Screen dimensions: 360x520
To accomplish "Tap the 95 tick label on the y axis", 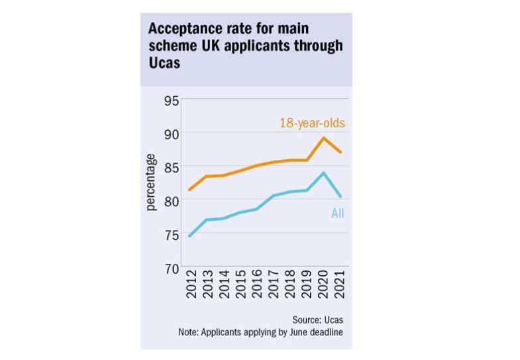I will pyautogui.click(x=172, y=101).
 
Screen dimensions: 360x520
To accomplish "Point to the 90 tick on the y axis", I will pyautogui.click(x=172, y=134).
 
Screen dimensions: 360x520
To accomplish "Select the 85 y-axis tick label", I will pyautogui.click(x=172, y=167).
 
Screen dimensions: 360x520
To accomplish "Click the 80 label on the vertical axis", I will pyautogui.click(x=172, y=201).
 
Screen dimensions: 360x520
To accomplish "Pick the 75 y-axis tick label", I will pyautogui.click(x=172, y=235).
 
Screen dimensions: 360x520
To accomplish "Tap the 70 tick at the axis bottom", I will pyautogui.click(x=172, y=268).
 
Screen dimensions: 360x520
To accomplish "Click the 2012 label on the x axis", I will pyautogui.click(x=189, y=286).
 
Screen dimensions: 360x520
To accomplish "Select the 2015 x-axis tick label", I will pyautogui.click(x=240, y=286).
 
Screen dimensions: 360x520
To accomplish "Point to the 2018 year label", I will pyautogui.click(x=291, y=286).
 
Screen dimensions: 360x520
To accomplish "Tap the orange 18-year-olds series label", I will pyautogui.click(x=313, y=123).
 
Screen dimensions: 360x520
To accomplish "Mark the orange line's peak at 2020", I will pyautogui.click(x=323, y=138).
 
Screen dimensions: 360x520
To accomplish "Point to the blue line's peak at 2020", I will pyautogui.click(x=323, y=173).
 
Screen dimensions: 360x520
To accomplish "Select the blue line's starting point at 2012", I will pyautogui.click(x=189, y=236).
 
